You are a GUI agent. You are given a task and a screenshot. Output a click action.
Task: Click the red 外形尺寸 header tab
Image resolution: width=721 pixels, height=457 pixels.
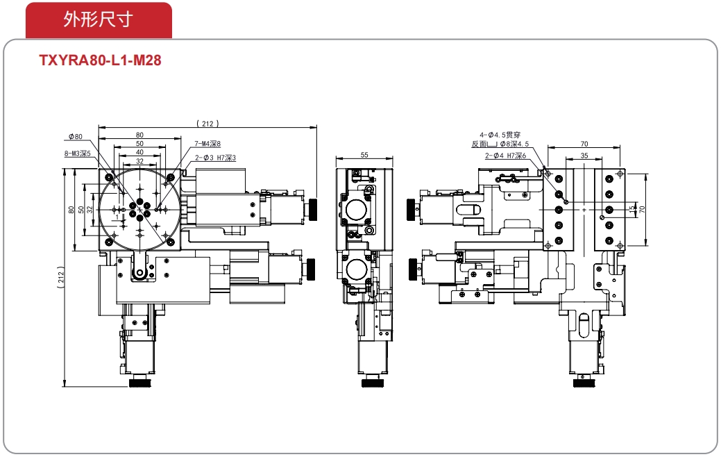point(99,19)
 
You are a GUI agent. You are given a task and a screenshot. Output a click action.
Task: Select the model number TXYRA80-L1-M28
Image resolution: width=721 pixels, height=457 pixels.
point(100,60)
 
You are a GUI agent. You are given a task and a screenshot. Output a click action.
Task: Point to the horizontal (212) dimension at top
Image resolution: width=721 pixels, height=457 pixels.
point(207,124)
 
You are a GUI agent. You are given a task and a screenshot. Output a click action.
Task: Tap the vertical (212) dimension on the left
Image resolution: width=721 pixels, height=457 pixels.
point(61,277)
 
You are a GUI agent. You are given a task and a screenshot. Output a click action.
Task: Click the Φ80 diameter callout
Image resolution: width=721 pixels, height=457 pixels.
point(76,137)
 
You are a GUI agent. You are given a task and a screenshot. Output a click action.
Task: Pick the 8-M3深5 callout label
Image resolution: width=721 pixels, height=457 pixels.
point(77,153)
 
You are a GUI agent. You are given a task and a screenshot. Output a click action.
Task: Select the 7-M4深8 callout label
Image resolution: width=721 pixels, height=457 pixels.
point(207,144)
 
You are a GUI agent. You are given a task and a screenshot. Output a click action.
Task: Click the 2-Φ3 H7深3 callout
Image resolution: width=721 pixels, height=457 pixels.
point(215,158)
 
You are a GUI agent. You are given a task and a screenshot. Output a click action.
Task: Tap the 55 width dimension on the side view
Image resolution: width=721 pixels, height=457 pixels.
point(364,155)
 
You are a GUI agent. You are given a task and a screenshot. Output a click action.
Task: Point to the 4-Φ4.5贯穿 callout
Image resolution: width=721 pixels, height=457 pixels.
point(500,135)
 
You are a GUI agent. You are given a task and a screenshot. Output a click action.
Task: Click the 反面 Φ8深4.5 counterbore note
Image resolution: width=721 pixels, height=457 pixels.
point(500,144)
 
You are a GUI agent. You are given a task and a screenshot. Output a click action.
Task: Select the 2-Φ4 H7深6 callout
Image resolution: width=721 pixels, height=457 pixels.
point(505,156)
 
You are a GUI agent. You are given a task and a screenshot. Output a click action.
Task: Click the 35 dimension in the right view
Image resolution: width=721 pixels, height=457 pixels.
point(584,156)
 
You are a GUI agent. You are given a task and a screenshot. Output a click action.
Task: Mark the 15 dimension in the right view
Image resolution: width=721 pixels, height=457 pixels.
point(633,209)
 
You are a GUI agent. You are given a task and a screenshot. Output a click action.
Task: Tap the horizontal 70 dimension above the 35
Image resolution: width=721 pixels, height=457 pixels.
point(584,144)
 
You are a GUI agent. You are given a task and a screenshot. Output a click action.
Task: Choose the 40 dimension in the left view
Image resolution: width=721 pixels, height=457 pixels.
point(139,152)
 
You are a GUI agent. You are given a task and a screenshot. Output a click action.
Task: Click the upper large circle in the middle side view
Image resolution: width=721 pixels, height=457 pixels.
point(357,210)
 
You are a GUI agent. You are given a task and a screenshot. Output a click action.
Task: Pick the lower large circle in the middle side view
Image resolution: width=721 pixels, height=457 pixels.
point(357,269)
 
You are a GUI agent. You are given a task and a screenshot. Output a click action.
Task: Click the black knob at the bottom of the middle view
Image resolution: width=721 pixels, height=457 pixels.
point(372,382)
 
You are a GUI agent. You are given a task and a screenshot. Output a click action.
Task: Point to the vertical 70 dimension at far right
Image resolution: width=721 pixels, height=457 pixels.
point(642,209)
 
